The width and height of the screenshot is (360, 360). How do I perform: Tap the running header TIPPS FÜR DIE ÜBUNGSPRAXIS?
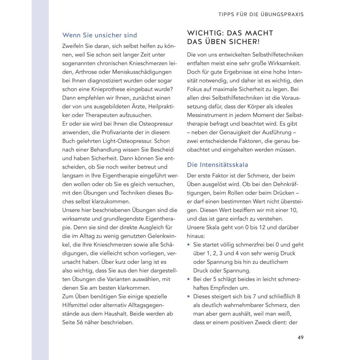260,14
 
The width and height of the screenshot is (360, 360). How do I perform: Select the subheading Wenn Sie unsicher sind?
99,35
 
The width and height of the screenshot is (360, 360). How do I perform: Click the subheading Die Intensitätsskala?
218,164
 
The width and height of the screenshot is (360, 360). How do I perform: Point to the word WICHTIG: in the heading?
205,33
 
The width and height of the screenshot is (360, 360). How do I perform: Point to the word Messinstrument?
208,115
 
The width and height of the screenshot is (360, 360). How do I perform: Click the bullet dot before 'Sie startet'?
189,245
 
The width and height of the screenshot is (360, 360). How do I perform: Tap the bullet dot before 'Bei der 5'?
189,279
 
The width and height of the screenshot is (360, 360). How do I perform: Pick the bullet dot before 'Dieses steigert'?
189,297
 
